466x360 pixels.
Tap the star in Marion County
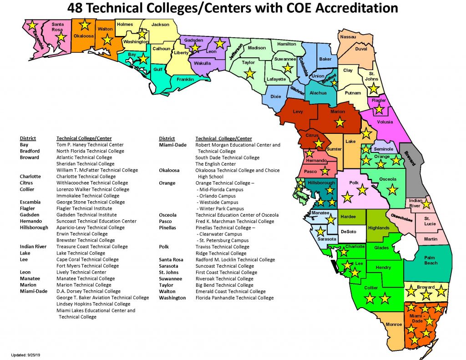click(x=339, y=122)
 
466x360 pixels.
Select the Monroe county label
click(x=394, y=325)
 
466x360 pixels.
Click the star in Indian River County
click(x=426, y=204)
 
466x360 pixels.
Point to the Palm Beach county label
click(x=431, y=260)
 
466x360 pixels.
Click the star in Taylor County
click(x=249, y=73)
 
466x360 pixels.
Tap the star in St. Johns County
click(x=373, y=88)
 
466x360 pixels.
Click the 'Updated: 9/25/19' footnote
click(x=26, y=354)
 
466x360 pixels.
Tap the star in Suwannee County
click(x=287, y=68)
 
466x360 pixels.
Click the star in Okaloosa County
click(x=85, y=25)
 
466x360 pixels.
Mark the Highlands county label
click(x=379, y=228)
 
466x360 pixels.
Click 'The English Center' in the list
click(x=215, y=164)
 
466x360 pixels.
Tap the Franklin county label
click(x=186, y=80)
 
